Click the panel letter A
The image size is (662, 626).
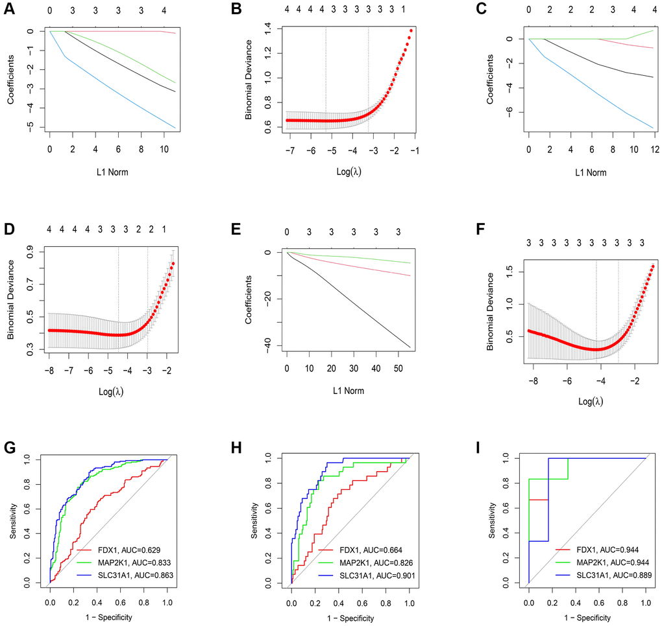pyautogui.click(x=9, y=8)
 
